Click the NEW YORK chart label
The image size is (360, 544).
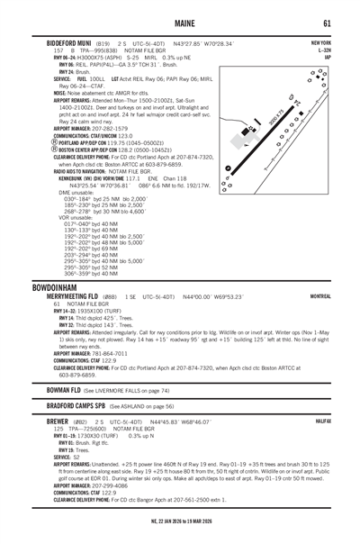tap(321, 42)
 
